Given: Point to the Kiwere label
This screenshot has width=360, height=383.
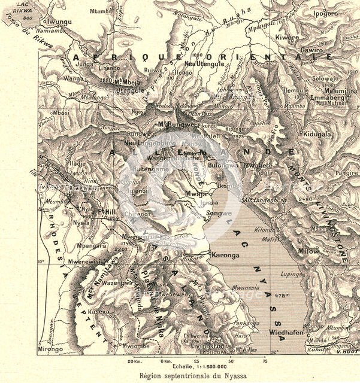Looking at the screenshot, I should point(286,37).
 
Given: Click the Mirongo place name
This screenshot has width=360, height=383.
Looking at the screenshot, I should point(50,349).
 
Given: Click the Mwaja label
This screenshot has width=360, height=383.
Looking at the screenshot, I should point(195,194).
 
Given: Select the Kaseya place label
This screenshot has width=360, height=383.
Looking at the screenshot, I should point(99,312).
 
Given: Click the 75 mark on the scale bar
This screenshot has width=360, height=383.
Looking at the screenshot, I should point(264,361).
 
